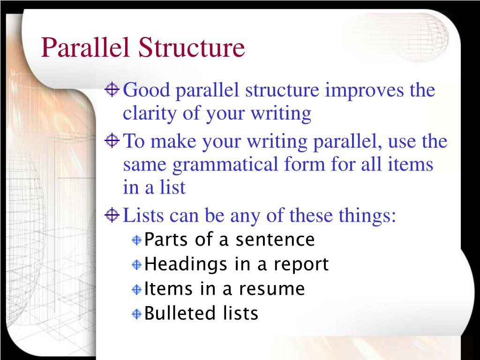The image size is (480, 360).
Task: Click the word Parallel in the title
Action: (x=86, y=48)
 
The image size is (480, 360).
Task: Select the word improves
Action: (x=365, y=90)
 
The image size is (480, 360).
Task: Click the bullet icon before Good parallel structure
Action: (x=112, y=89)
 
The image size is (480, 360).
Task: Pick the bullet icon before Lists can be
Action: (x=112, y=215)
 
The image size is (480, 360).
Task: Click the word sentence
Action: (x=275, y=240)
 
